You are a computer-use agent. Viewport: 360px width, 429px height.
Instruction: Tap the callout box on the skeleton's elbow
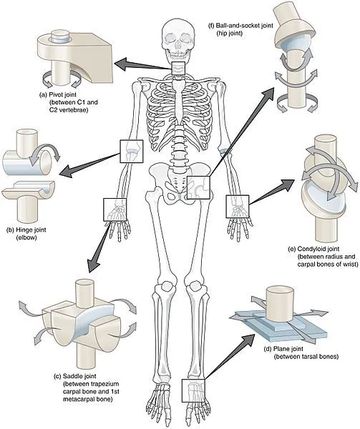click(x=131, y=150)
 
